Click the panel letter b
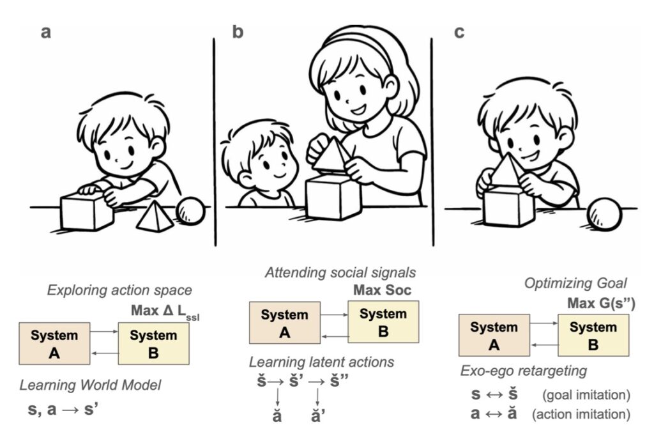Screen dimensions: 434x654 point(238,32)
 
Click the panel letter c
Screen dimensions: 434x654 point(459,32)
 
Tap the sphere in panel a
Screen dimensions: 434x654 point(190,210)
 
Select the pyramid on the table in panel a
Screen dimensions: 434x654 point(155,216)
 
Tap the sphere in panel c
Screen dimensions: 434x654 point(604,215)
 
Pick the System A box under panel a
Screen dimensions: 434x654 point(55,343)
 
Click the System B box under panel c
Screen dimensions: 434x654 point(593,334)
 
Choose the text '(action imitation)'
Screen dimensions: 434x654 point(581,414)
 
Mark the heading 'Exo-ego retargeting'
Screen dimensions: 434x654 point(524,371)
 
